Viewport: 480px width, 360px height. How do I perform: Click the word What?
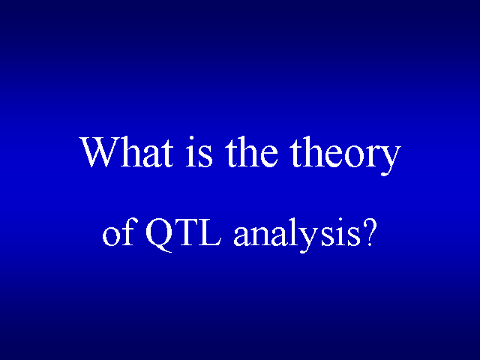point(127,152)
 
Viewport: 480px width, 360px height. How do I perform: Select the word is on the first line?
point(199,151)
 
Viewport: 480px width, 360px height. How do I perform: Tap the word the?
point(252,151)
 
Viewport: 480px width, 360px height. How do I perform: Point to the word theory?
point(346,155)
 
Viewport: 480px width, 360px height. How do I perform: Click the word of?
point(118,232)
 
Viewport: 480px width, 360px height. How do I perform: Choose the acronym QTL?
point(183,235)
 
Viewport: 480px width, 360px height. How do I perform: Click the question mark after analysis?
point(368,232)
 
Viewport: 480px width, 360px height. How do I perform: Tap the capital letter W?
point(100,152)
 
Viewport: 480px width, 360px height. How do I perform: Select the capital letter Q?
point(160,235)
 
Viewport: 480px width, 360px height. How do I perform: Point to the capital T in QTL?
point(187,232)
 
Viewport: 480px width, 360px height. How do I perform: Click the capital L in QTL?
point(210,232)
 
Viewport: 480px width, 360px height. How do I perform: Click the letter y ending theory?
point(391,160)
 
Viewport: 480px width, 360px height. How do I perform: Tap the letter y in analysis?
point(310,239)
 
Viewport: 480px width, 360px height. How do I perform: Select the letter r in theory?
point(373,156)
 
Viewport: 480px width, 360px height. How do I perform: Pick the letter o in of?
point(111,235)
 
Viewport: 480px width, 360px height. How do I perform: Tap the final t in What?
point(167,154)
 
